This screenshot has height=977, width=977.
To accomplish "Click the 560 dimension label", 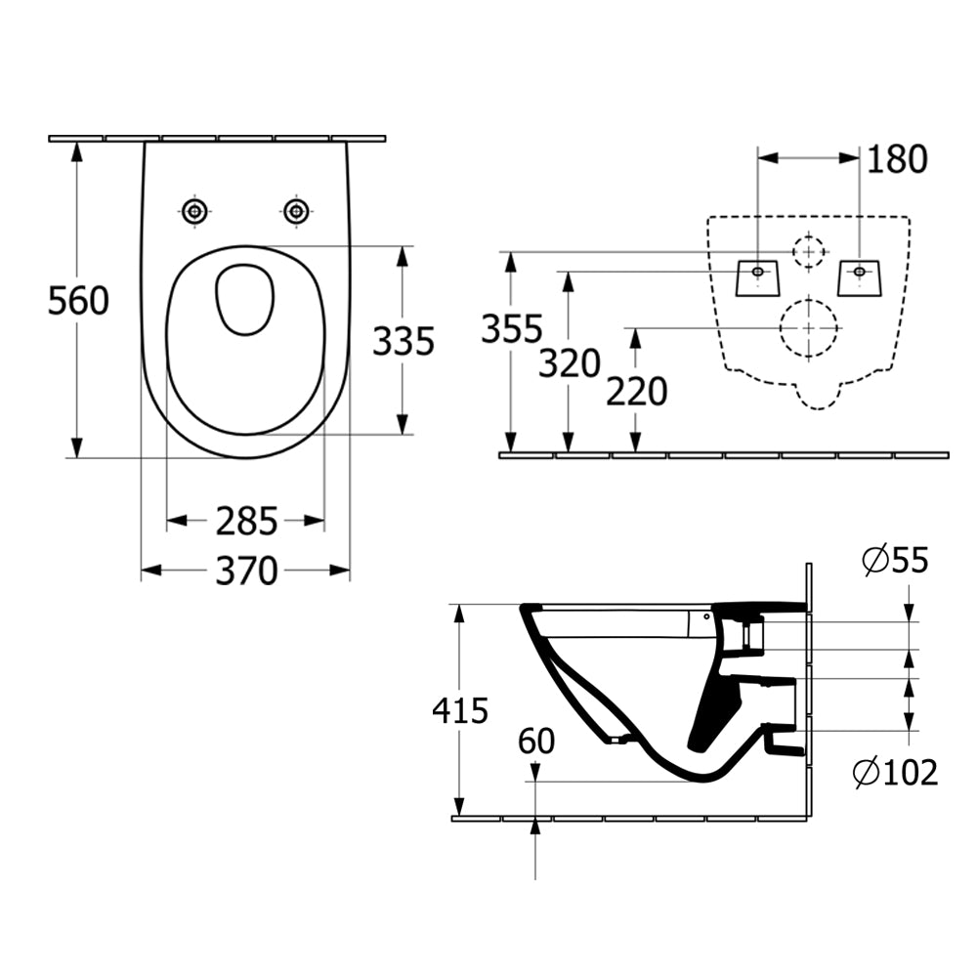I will point(78,301).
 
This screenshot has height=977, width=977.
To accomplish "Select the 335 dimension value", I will point(403,341).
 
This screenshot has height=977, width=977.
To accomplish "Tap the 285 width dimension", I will point(246,522).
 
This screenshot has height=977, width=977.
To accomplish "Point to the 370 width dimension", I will point(246,571).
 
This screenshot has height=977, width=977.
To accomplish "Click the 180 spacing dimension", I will point(895,159).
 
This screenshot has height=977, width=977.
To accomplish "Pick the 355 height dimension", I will point(510,330).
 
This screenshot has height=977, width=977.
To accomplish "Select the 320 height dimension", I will point(568,364).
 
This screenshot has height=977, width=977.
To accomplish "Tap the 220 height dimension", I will point(636,392).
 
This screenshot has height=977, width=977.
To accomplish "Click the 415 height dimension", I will point(459,710).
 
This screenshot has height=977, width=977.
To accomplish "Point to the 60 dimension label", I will point(535,742).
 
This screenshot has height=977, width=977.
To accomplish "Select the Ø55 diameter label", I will point(895,560).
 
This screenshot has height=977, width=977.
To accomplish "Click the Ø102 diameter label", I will point(895,773).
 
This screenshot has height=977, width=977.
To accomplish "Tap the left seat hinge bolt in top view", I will point(195,210).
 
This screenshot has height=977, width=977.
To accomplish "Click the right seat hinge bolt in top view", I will point(295,210).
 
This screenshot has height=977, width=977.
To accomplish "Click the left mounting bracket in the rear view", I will point(758,276).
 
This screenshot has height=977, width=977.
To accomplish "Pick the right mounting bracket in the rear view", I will point(860,276).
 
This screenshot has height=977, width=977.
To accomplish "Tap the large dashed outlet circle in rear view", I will point(809,327).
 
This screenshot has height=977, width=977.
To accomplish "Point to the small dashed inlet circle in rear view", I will point(808,251).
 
